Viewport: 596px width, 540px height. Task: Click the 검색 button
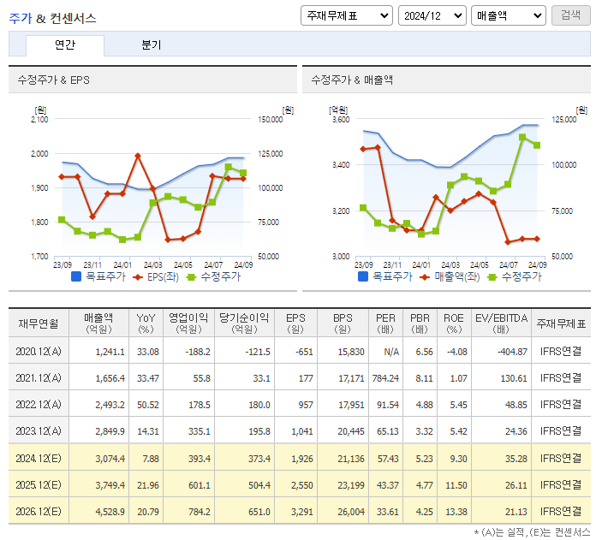[570, 15]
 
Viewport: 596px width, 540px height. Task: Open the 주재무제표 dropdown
[347, 15]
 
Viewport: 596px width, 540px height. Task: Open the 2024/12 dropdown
[432, 15]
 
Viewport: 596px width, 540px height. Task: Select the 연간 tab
[65, 45]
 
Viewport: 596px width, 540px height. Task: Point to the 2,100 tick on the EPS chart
[39, 120]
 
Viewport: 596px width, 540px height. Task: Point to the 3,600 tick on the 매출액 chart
[340, 120]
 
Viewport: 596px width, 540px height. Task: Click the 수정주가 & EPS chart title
[53, 80]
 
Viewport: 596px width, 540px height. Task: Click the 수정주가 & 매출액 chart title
[352, 80]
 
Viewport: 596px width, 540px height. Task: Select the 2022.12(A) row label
[39, 404]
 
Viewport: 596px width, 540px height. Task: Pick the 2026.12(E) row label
[39, 511]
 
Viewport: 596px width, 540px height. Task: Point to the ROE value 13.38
[454, 511]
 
